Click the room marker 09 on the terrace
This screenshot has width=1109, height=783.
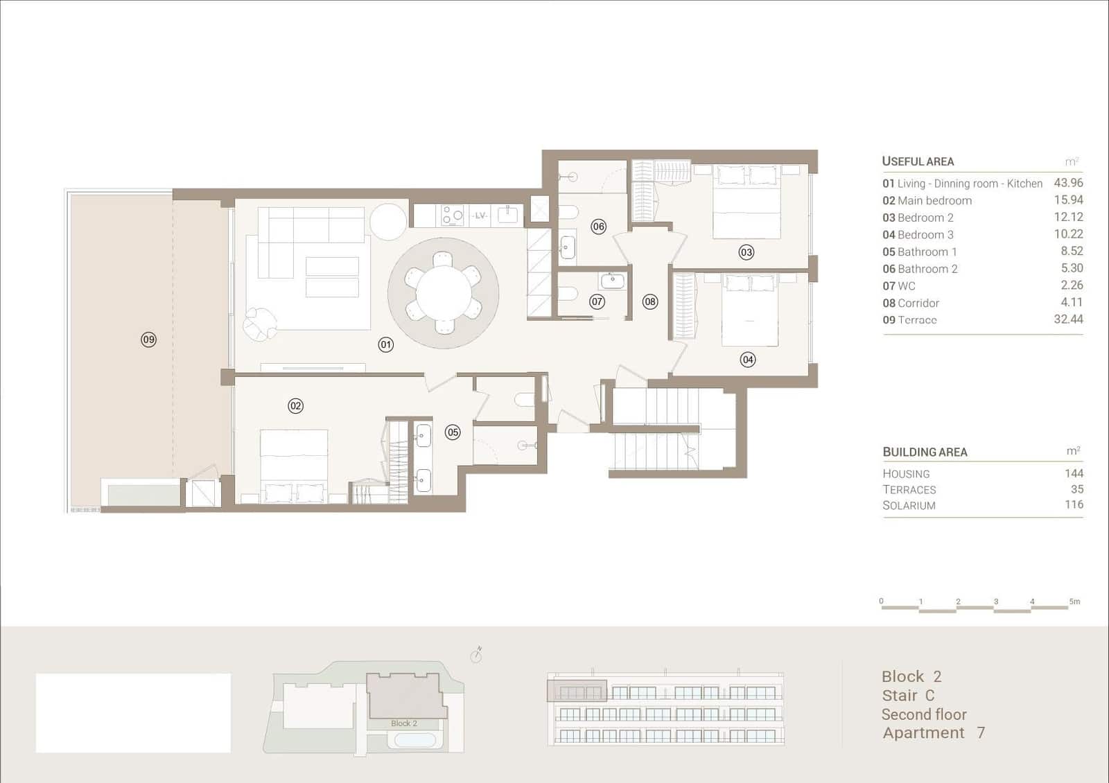pos(148,340)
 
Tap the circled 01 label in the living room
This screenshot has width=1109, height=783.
pos(386,344)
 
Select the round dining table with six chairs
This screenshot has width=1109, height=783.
pos(444,293)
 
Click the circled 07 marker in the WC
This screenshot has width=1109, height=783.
pos(597,301)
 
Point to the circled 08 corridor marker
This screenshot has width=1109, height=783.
pos(649,301)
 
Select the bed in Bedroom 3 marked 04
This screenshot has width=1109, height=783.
pos(749,310)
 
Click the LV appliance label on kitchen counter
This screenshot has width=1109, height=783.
pos(480,215)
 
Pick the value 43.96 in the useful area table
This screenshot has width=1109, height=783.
pos(1068,183)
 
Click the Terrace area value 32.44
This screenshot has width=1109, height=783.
pos(1068,319)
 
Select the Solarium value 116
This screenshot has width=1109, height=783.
pos(1074,504)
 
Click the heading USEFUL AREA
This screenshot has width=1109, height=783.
pos(918,161)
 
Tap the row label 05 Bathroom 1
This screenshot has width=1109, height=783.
pos(920,252)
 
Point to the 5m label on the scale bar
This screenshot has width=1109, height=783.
pos(1074,601)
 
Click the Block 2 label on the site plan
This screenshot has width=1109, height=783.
pos(404,723)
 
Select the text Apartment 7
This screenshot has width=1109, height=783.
pos(933,733)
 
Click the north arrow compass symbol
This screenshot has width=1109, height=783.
pos(476,655)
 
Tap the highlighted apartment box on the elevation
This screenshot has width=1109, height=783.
pos(577,691)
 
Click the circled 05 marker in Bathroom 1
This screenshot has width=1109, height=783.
pos(453,432)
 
